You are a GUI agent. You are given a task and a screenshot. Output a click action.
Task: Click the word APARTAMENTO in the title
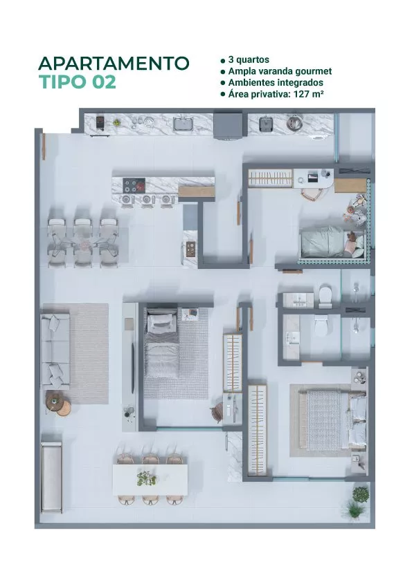pyautogui.click(x=114, y=64)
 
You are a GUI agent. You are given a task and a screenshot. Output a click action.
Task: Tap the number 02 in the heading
pyautogui.click(x=104, y=82)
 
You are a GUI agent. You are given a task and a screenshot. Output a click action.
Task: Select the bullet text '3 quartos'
pyautogui.click(x=249, y=59)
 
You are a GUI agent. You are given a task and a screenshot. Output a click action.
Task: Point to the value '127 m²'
pyautogui.click(x=308, y=94)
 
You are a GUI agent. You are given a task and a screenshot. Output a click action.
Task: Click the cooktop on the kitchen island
pyautogui.click(x=134, y=185)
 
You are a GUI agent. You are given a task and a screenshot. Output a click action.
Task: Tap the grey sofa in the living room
pyautogui.click(x=55, y=350)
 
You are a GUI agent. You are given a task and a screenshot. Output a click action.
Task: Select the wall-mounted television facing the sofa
pyautogui.click(x=132, y=368)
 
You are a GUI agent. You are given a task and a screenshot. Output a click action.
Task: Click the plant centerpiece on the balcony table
pyautogui.click(x=147, y=478)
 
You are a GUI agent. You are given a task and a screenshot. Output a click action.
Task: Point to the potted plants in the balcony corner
pyautogui.click(x=358, y=503)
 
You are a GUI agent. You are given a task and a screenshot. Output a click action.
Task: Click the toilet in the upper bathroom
pyautogui.click(x=325, y=296)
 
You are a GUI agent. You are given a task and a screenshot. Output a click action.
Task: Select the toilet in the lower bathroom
pyautogui.click(x=321, y=325)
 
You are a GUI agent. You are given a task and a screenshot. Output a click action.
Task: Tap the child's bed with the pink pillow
pyautogui.click(x=332, y=242)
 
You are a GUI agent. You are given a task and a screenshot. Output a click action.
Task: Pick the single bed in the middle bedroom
pyautogui.click(x=162, y=344)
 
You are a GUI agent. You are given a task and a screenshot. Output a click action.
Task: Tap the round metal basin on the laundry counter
pyautogui.click(x=294, y=122)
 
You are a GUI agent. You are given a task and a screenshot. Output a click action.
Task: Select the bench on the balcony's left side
pyautogui.click(x=51, y=477)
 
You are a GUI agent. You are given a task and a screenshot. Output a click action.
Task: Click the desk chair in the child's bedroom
pyautogui.click(x=311, y=194)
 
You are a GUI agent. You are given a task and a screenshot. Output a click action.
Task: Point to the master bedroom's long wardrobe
pyautogui.click(x=258, y=430)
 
